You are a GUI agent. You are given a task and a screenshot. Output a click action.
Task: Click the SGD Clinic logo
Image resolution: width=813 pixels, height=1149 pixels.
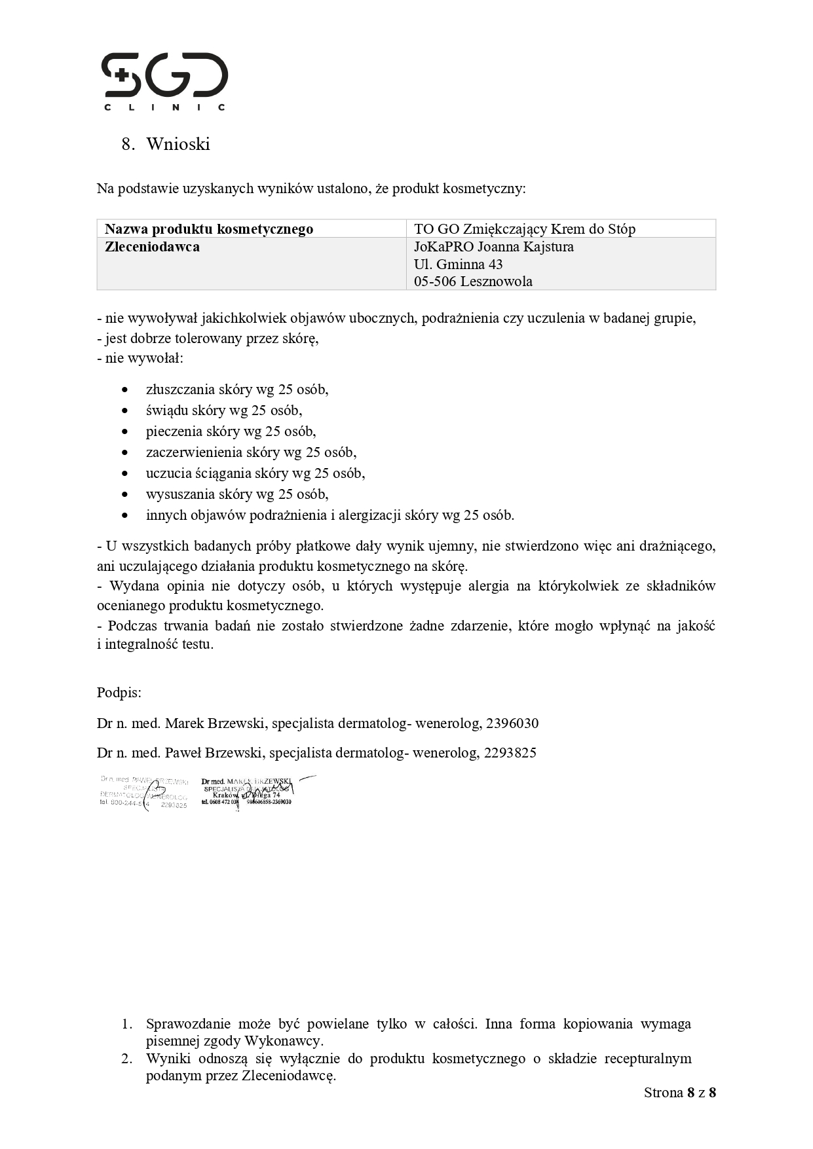164,81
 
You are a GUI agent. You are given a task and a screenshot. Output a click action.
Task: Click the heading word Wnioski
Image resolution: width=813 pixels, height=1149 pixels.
178,144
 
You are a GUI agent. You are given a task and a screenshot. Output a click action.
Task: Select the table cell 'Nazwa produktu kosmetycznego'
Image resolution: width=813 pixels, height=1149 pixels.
209,229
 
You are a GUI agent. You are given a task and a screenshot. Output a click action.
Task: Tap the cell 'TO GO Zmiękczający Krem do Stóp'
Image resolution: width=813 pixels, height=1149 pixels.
524,229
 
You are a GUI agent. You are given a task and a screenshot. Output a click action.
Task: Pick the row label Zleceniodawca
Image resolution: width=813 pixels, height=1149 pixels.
152,247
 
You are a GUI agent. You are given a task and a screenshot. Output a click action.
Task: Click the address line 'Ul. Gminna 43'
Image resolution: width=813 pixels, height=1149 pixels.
458,264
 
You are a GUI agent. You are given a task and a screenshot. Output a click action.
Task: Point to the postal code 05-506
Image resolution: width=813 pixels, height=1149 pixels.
435,282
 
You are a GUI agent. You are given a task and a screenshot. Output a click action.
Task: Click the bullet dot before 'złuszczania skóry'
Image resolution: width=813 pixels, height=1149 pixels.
125,390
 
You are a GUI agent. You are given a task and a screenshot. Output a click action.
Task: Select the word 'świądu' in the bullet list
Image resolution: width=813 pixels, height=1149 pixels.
165,410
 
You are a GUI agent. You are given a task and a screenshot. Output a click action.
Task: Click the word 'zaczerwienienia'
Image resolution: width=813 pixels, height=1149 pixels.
194,452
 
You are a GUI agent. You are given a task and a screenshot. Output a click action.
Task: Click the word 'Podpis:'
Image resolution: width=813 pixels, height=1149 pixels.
119,693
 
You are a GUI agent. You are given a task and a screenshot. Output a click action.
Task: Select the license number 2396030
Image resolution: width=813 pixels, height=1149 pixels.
515,723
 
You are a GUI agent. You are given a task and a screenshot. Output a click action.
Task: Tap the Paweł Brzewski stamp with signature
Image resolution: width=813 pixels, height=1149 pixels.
144,793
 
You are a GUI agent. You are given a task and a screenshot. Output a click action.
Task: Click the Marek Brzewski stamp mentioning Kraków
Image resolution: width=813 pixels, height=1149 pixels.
248,792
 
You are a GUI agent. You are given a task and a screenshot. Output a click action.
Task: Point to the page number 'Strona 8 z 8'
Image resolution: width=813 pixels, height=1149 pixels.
679,1093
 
